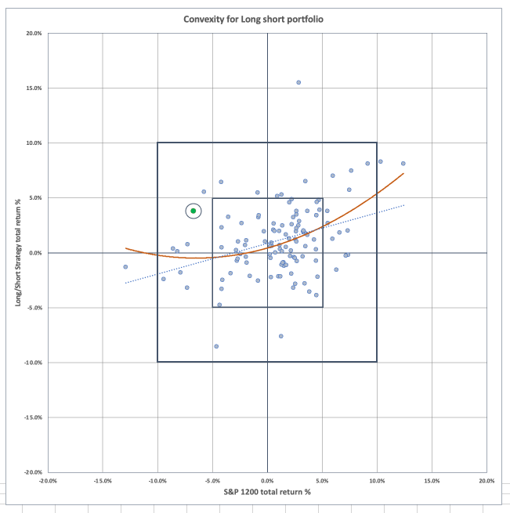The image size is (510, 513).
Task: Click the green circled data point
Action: coord(194,211)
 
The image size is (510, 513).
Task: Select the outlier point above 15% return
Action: coord(298,82)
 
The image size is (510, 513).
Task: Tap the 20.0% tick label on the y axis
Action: coord(34,34)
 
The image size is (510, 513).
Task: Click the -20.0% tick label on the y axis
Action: coord(32,472)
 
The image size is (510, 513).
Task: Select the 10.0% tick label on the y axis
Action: coord(34,143)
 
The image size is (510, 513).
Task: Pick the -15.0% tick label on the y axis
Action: coord(32,417)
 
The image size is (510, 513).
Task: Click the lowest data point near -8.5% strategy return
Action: coord(216,346)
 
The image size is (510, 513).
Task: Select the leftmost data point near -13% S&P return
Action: coord(125,267)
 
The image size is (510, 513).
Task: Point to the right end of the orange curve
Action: coord(403,173)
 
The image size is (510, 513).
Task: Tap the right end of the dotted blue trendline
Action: coord(404,205)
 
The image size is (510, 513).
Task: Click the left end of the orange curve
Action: coord(125,248)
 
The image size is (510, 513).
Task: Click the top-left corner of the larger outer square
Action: coord(157,143)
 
